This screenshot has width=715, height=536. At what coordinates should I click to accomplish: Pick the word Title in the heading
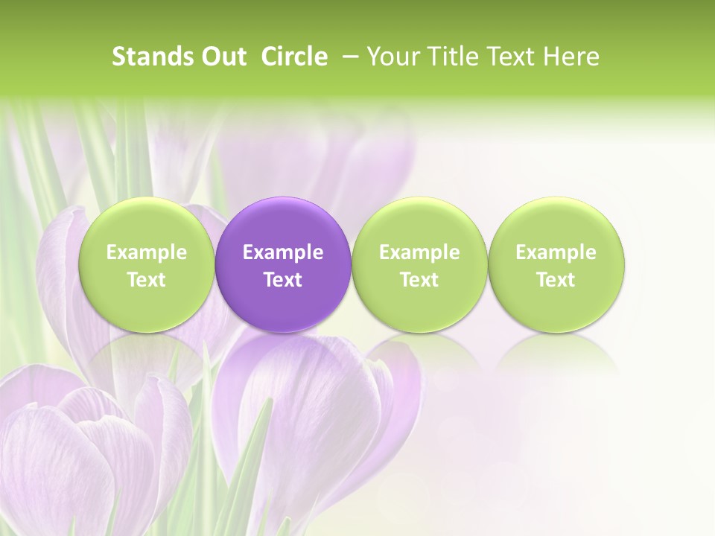[452, 57]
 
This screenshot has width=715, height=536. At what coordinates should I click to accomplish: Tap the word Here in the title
[571, 57]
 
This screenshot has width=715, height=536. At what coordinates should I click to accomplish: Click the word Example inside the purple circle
[283, 252]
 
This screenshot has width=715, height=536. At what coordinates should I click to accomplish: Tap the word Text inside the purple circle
[283, 280]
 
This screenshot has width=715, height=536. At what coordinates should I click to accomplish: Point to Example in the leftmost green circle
[146, 252]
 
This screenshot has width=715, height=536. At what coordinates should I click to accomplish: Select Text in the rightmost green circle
[556, 280]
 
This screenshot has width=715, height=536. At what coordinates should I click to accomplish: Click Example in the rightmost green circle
[556, 252]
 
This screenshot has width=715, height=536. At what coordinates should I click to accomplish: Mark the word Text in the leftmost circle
[146, 280]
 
